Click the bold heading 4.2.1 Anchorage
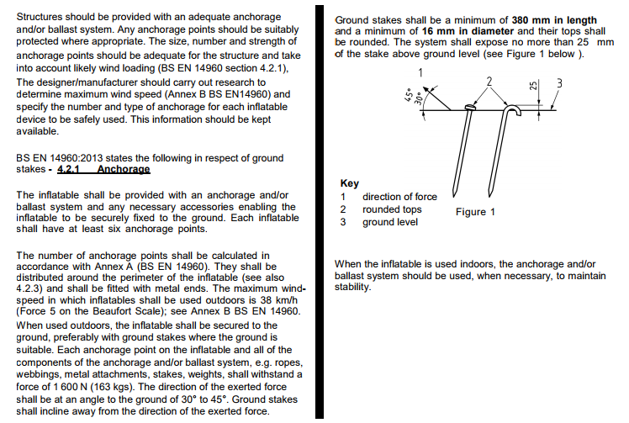[x=103, y=169]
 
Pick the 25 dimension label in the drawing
[x=532, y=86]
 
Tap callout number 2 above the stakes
[x=488, y=81]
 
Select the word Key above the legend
[x=349, y=183]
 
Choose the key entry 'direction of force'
[x=399, y=197]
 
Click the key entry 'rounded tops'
[x=392, y=209]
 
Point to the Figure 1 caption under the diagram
[x=475, y=212]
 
